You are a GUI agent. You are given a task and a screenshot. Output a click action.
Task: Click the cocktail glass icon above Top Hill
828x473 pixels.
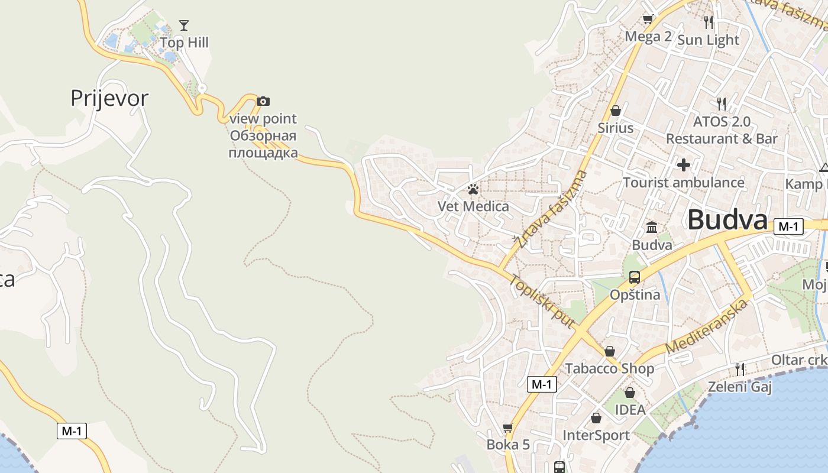184,25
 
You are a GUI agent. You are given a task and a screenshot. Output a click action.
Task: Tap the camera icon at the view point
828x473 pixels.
263,102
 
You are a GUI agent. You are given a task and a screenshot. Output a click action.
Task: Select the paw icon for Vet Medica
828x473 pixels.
473,189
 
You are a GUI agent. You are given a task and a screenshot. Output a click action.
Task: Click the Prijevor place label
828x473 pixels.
109,98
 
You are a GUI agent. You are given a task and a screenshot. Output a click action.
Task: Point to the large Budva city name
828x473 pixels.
727,220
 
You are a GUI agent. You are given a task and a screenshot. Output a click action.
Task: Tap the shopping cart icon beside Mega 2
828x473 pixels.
648,20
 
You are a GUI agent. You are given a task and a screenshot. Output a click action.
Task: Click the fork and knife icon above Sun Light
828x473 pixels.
709,22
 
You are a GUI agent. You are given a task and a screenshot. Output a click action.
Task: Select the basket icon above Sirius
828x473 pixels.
616,111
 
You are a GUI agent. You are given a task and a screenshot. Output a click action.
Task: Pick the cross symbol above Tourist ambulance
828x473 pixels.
684,164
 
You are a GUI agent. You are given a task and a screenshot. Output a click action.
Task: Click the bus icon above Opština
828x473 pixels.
635,277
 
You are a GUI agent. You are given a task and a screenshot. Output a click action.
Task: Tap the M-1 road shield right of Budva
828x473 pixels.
789,226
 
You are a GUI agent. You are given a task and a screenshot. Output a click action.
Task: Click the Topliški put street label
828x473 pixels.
542,302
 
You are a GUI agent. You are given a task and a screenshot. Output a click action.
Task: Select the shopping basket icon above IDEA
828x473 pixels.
630,393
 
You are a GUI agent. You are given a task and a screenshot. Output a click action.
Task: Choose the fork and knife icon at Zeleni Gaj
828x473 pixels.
739,370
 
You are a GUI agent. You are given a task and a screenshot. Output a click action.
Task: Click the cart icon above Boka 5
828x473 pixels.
507,427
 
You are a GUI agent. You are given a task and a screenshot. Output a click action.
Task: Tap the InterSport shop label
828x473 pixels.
596,436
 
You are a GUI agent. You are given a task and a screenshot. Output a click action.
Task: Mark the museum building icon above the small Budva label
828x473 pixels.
652,227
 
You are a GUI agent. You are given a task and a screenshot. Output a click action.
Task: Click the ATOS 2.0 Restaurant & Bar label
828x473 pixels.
722,130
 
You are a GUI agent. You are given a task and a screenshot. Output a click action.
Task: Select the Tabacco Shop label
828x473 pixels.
609,369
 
